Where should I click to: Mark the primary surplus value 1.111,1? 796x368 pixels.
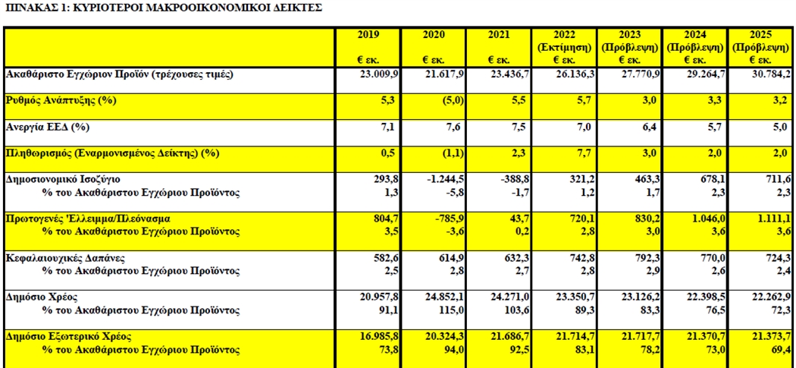coord(774,219)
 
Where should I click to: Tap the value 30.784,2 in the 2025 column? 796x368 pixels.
coord(770,74)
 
